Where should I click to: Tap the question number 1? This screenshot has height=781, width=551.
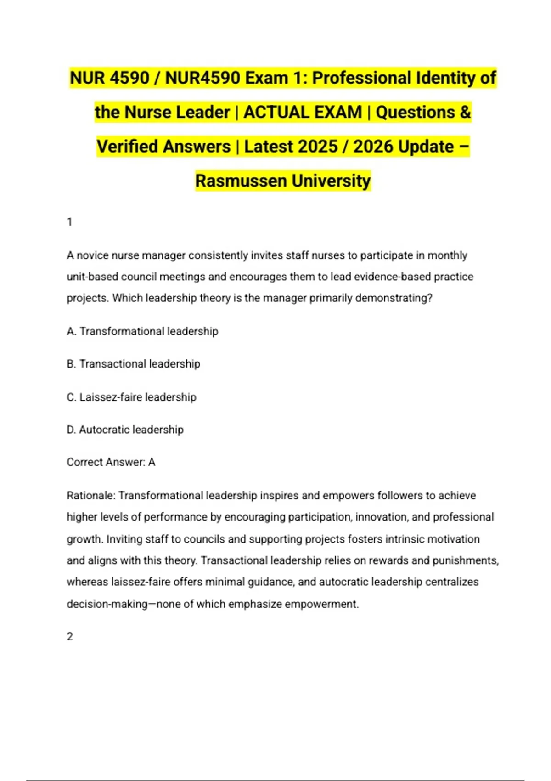coord(70,222)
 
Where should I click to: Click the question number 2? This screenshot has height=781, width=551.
coord(70,637)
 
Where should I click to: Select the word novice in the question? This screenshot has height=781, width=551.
coord(92,255)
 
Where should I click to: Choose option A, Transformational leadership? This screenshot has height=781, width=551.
coord(142,331)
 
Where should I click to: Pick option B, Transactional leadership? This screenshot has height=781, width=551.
coord(133,364)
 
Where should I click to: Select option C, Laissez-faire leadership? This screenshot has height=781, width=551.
coord(131,397)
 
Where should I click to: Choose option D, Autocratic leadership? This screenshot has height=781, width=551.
coord(125,430)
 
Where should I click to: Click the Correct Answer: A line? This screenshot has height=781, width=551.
coord(111,462)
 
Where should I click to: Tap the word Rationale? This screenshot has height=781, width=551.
coord(90,496)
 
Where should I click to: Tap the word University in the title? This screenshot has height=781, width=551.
coord(331,181)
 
